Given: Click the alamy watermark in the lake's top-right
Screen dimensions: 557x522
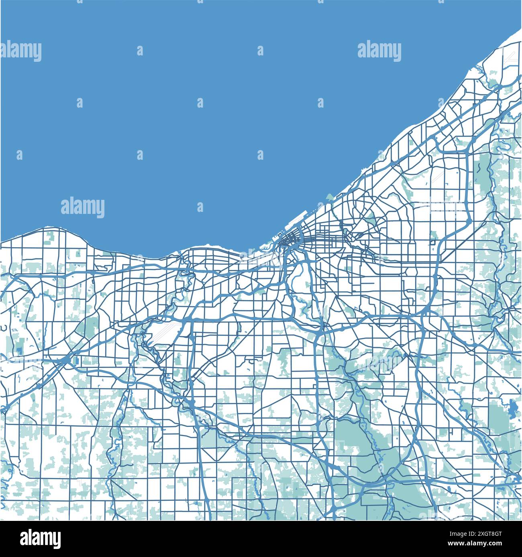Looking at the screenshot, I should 379,51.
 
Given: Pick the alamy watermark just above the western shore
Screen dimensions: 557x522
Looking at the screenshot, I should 83,207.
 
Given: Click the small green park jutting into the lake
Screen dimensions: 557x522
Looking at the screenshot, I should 330,197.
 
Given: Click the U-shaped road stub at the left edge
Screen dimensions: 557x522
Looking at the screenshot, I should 4,328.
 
